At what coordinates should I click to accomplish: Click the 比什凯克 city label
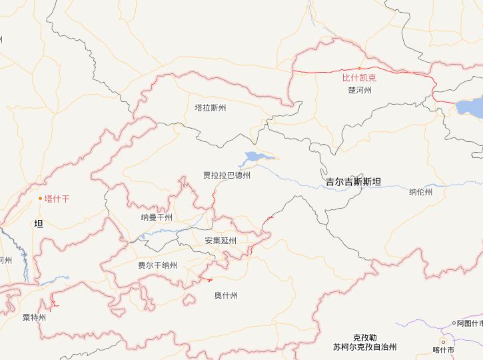pyautogui.click(x=359, y=78)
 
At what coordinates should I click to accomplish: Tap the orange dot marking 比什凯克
pyautogui.click(x=359, y=68)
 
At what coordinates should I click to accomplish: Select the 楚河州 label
pyautogui.click(x=360, y=90)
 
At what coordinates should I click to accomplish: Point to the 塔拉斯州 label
pyautogui.click(x=210, y=108)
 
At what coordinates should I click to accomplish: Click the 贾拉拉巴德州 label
pyautogui.click(x=227, y=176)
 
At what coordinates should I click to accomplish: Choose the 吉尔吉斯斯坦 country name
pyautogui.click(x=353, y=181)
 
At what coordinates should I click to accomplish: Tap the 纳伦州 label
pyautogui.click(x=420, y=192)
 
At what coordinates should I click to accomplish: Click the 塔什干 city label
pyautogui.click(x=57, y=199)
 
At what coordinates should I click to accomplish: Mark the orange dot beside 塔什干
pyautogui.click(x=40, y=198)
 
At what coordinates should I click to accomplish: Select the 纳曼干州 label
pyautogui.click(x=157, y=217)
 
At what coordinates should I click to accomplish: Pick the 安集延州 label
pyautogui.click(x=220, y=241)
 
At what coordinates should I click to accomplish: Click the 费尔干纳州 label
pyautogui.click(x=157, y=265)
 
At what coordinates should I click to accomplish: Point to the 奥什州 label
pyautogui.click(x=226, y=295)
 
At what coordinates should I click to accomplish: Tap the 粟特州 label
pyautogui.click(x=34, y=317)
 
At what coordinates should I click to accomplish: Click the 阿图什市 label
pyautogui.click(x=470, y=323)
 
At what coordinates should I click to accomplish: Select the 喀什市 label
pyautogui.click(x=443, y=350)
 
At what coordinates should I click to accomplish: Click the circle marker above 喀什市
pyautogui.click(x=442, y=342)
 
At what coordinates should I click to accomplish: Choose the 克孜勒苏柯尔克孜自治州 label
pyautogui.click(x=365, y=343)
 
